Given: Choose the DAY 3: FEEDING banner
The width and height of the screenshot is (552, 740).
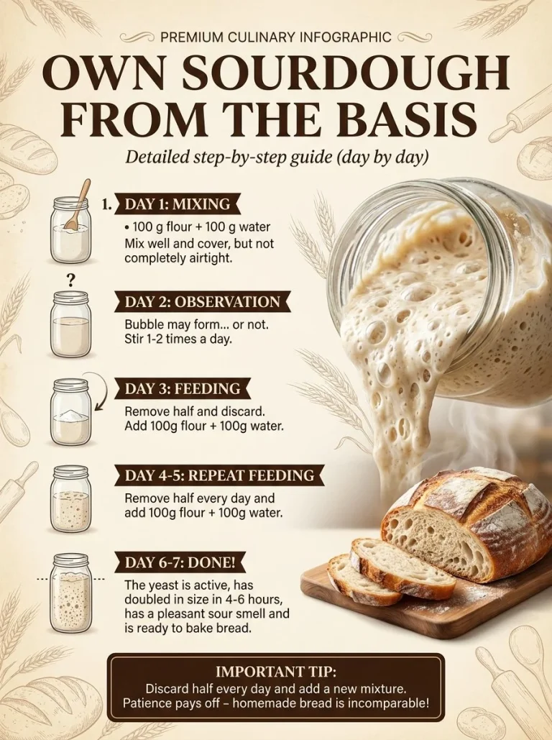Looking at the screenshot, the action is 183,388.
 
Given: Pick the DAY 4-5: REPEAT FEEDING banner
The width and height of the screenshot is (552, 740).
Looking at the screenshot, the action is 219,475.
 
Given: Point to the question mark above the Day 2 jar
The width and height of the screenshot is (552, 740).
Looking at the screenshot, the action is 71,280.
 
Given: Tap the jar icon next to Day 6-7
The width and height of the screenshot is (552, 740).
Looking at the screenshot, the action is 70,588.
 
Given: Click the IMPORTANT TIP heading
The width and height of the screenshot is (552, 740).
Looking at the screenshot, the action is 276,671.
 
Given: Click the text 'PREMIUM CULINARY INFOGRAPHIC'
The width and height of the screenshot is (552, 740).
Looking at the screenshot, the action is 276,37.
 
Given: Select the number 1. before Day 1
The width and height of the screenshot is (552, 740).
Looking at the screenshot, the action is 107,204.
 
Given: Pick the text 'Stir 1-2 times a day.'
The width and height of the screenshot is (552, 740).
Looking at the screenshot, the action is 178,339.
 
